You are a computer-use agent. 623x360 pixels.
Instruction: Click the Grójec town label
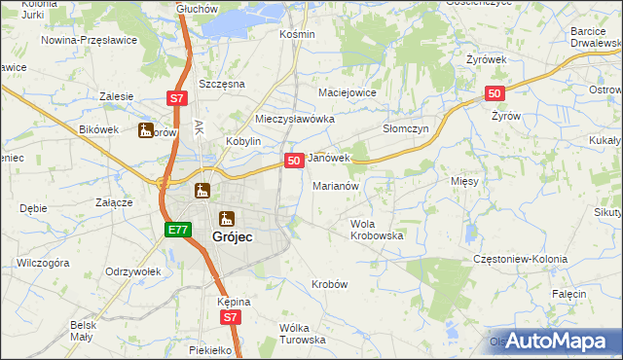coord(234,234)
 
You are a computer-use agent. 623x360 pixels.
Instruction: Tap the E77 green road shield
coord(176,230)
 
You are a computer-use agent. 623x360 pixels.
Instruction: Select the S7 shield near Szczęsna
coord(175,98)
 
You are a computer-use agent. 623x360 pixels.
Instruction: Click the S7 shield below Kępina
coord(229,317)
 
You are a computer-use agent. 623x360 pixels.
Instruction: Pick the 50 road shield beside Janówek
coord(292,159)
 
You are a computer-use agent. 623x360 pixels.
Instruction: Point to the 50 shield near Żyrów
coord(495,92)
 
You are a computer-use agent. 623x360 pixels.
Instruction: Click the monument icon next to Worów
coord(146,130)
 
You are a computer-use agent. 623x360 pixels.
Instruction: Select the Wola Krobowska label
coord(377,230)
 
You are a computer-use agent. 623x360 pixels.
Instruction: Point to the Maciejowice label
coord(348,93)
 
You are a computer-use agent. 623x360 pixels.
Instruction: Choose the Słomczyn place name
coord(405,127)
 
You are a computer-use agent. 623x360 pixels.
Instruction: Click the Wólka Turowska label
coord(302,334)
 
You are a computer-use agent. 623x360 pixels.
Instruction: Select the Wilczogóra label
coord(43,263)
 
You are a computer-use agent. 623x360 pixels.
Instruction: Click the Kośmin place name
coord(297,34)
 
